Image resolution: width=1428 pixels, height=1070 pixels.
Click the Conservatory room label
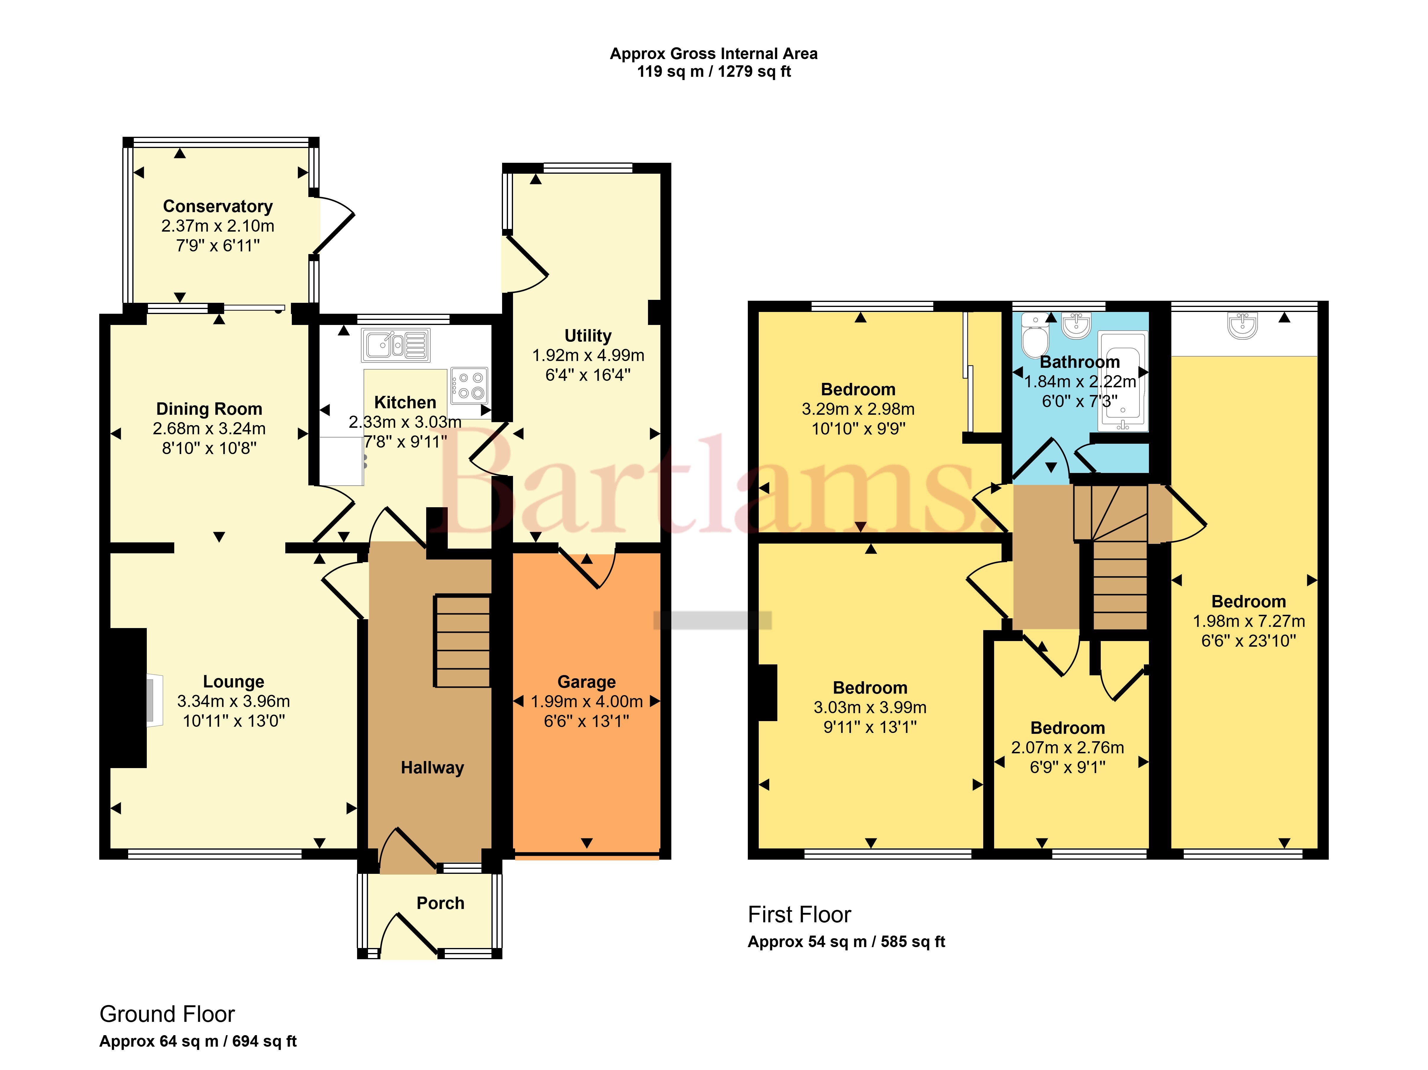pyautogui.click(x=218, y=206)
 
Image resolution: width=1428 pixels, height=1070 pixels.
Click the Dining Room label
pyautogui.click(x=209, y=409)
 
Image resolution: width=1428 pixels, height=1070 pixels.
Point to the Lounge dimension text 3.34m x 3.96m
pyautogui.click(x=234, y=701)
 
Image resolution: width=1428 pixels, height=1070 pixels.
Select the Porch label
pyautogui.click(x=440, y=903)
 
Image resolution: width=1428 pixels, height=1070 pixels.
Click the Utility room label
pyautogui.click(x=587, y=336)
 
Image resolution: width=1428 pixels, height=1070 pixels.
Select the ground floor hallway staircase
pyautogui.click(x=462, y=640)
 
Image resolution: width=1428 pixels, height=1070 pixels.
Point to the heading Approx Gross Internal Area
pyautogui.click(x=714, y=53)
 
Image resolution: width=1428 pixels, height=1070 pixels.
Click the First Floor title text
pyautogui.click(x=799, y=914)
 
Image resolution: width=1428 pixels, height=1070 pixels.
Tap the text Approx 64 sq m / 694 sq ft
pyautogui.click(x=198, y=1041)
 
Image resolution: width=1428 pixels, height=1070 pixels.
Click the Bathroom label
pyautogui.click(x=1080, y=362)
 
